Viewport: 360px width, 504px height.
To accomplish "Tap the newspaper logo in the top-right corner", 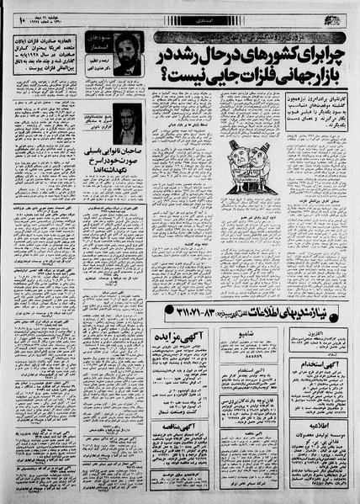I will pos(340,18).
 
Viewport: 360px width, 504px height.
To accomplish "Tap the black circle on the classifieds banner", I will pos(347,310).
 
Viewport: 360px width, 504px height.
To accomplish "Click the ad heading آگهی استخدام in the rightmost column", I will pos(325,364).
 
